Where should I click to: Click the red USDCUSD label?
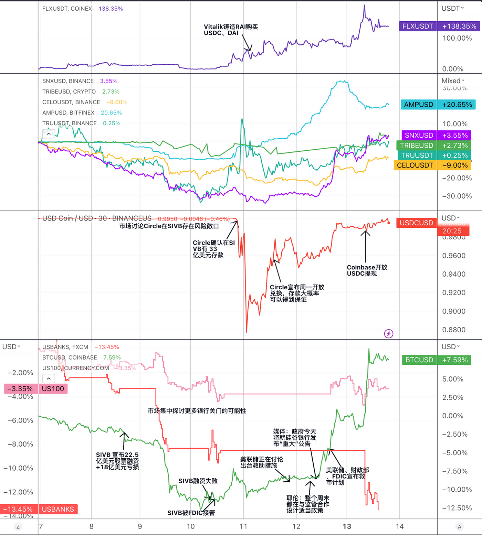416,223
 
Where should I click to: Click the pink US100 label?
53,389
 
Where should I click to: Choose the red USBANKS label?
58,509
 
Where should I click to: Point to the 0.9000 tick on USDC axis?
454,311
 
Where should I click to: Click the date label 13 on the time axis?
347,526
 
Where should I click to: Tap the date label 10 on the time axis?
190,526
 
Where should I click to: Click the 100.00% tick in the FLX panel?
457,38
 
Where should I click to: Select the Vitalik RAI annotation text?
230,30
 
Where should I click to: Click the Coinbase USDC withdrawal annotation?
367,270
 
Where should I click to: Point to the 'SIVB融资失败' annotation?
198,481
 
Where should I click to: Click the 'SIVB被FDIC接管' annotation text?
191,513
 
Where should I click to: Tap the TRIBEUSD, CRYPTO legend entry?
69,92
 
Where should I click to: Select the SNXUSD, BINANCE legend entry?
68,81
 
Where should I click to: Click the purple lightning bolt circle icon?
389,333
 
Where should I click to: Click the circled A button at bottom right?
459,526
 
